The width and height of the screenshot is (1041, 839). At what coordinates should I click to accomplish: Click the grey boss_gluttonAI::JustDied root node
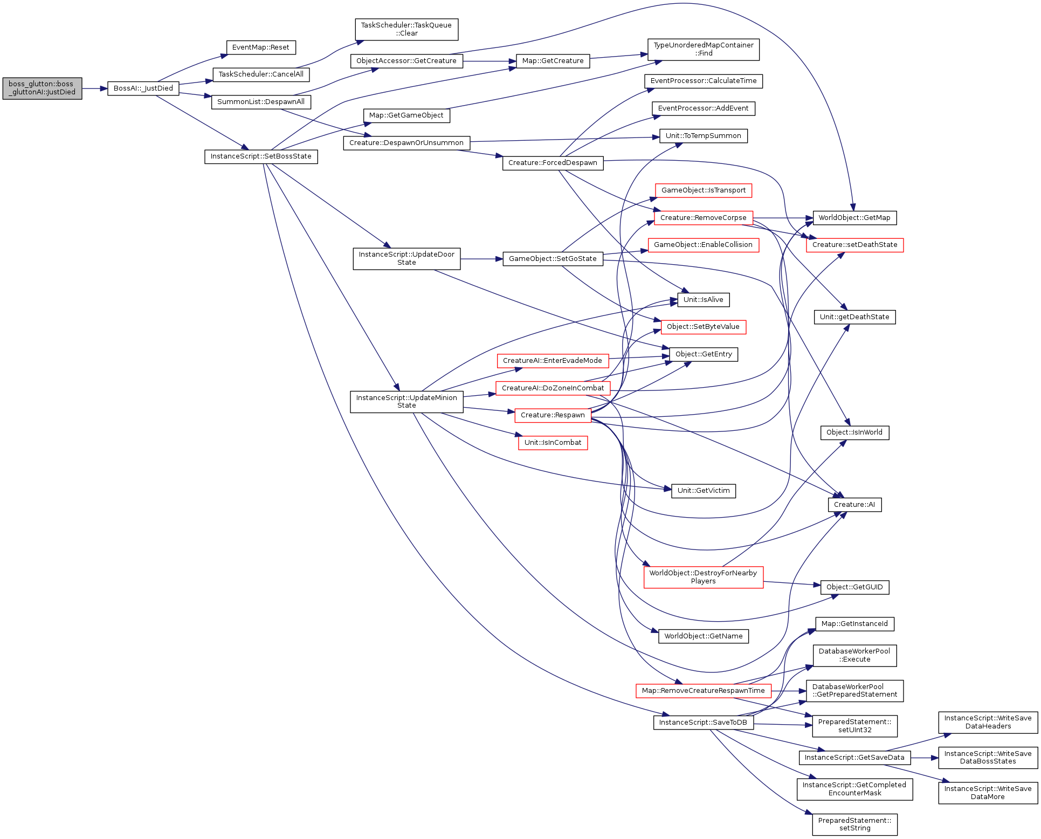(42, 88)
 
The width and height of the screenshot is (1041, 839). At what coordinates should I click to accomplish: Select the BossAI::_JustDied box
(143, 88)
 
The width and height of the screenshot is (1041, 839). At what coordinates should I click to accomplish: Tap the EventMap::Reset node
(261, 47)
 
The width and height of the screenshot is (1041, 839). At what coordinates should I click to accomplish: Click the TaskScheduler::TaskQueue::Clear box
(406, 29)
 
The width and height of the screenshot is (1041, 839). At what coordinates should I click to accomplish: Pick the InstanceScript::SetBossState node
(261, 156)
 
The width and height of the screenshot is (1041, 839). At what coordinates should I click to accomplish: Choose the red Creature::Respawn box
(553, 415)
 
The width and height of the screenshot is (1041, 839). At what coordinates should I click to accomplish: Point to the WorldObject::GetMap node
(854, 218)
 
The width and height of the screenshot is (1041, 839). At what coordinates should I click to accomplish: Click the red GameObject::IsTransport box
(704, 190)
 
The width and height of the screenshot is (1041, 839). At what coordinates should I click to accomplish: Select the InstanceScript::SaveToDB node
(703, 723)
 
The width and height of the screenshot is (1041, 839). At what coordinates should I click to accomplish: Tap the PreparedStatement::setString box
(854, 824)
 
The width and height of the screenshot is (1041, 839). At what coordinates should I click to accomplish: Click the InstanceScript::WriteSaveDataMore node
(988, 793)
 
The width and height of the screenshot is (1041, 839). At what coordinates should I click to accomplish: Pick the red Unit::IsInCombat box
(553, 443)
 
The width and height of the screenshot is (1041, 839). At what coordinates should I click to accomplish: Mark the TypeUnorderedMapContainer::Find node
(704, 49)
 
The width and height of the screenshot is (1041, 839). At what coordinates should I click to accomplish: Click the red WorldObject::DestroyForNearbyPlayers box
(703, 577)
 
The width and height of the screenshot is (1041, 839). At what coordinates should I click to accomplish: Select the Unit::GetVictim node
(704, 491)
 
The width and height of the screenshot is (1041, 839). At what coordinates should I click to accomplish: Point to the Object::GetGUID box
(854, 587)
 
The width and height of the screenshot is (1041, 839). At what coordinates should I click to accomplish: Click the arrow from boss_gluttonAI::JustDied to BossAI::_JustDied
(95, 88)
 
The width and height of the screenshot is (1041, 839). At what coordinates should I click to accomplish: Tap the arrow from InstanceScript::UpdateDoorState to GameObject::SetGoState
(481, 259)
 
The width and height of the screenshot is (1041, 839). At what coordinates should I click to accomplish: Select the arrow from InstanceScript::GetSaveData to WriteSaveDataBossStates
(925, 758)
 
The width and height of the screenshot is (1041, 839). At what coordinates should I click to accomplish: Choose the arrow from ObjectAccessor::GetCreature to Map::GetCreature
(490, 61)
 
